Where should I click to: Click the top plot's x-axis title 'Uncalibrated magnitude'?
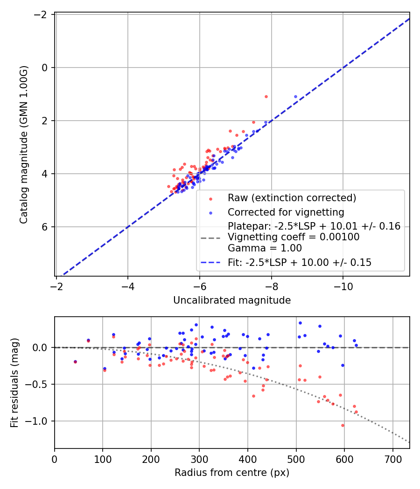coord(232,300)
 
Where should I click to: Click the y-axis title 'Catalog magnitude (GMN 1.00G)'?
coord(24,145)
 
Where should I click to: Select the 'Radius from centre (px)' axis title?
coord(232,473)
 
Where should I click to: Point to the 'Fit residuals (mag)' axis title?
coord(14,383)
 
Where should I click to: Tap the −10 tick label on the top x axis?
coord(343,286)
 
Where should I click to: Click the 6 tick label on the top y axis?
coord(45,227)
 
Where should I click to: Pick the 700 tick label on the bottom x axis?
coord(393,459)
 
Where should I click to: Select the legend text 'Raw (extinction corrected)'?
coord(292,198)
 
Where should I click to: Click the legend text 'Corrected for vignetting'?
coord(286,212)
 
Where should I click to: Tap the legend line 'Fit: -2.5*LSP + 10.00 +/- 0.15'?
coord(300,263)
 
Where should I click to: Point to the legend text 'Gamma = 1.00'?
coord(265,248)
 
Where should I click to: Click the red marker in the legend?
coord(210,199)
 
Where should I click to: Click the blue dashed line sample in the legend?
coord(210,263)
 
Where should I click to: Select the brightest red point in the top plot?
coord(266,97)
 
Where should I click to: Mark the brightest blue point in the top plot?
coord(295,97)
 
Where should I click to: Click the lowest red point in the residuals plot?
coord(343,425)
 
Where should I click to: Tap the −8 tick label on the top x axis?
coord(271,286)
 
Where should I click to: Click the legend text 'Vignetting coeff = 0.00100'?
coord(294,237)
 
